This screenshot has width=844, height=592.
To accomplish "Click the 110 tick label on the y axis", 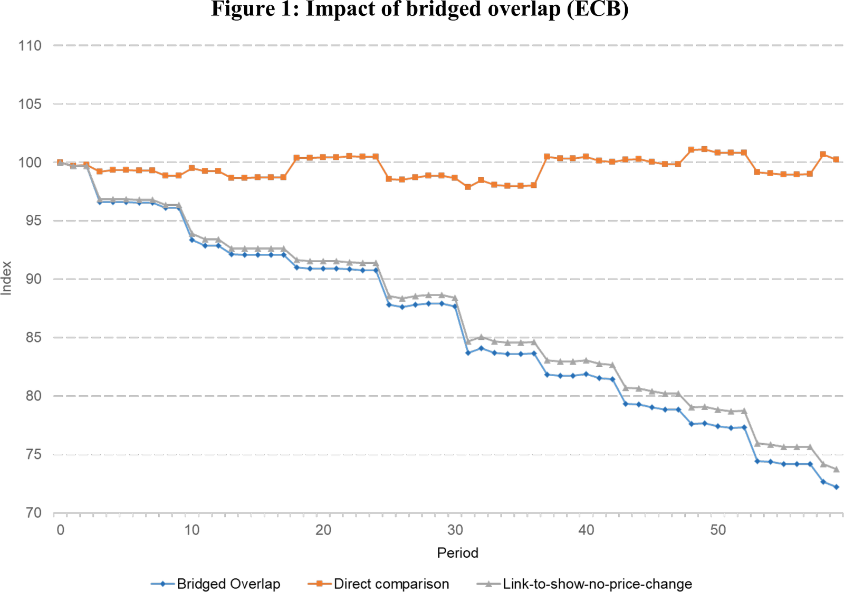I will coord(30,46).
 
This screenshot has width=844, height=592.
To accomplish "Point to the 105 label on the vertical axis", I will coord(30,104).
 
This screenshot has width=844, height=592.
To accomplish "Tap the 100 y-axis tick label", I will coord(30,163).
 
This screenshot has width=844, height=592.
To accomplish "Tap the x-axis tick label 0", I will coord(60,530).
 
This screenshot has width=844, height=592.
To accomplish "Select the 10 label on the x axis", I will coord(191,530).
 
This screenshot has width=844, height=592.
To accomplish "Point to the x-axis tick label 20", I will coord(323,530).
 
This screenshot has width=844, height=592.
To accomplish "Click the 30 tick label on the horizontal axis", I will coord(455,530).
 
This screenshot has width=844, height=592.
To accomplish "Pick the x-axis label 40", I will coord(586,530).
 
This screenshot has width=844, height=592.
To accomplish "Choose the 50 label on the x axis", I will coord(717,530).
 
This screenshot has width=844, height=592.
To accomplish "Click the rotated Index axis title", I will coord(7,278).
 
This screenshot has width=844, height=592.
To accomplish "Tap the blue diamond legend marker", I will coord(162,584).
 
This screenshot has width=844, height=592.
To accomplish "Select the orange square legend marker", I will coord(320,583).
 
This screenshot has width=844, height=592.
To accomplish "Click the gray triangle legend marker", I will coord(488,584).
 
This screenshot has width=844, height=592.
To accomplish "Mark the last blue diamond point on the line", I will coord(836,487).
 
